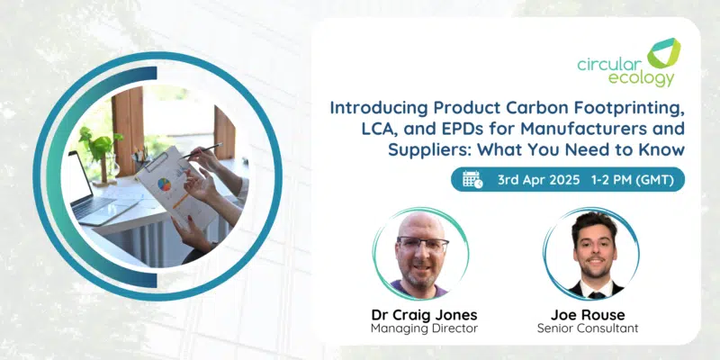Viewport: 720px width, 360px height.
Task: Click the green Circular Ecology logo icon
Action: (x=663, y=53)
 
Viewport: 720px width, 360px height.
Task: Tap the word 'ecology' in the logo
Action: (x=642, y=77)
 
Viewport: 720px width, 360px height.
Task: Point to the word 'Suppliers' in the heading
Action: (x=432, y=150)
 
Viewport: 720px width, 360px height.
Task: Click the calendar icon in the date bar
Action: (x=472, y=179)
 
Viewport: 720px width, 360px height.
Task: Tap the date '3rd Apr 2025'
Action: (x=538, y=180)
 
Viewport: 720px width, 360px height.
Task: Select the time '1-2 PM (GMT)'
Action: (x=634, y=180)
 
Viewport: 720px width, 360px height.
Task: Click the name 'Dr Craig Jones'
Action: (x=424, y=315)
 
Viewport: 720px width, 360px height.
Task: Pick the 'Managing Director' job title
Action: (x=424, y=328)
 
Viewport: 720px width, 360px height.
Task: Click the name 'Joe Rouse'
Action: (x=588, y=315)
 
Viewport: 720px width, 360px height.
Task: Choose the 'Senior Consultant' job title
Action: (x=588, y=328)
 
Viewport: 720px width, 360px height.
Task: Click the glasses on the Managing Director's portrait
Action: (x=423, y=245)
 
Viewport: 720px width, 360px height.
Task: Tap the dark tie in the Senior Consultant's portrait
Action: (x=597, y=295)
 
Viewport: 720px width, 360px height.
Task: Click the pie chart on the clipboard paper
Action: (x=164, y=184)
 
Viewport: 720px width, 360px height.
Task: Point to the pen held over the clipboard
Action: (x=202, y=150)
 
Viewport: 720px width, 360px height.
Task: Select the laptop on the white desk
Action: (x=94, y=192)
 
